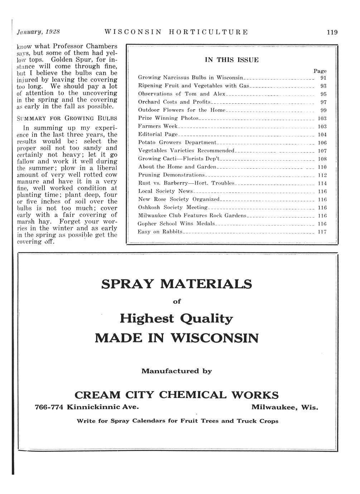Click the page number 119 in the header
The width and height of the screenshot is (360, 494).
(332, 32)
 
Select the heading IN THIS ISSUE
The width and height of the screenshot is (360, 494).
(231, 60)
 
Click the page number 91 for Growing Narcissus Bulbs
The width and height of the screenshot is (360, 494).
(323, 78)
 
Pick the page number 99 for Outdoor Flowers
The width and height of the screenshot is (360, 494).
(323, 110)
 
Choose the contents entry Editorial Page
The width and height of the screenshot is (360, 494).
(158, 135)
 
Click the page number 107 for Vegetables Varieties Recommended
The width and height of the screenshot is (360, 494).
(322, 151)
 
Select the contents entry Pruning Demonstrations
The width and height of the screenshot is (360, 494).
(171, 175)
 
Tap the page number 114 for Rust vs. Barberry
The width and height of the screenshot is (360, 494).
(322, 183)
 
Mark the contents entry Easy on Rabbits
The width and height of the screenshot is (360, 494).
(160, 232)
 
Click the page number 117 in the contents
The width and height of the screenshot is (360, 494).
(322, 232)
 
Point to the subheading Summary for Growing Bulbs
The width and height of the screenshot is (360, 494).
(67, 118)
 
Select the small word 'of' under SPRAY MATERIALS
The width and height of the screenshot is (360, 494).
(177, 301)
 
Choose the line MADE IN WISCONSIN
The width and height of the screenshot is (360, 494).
(176, 338)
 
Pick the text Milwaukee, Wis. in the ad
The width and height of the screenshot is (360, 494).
(284, 407)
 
